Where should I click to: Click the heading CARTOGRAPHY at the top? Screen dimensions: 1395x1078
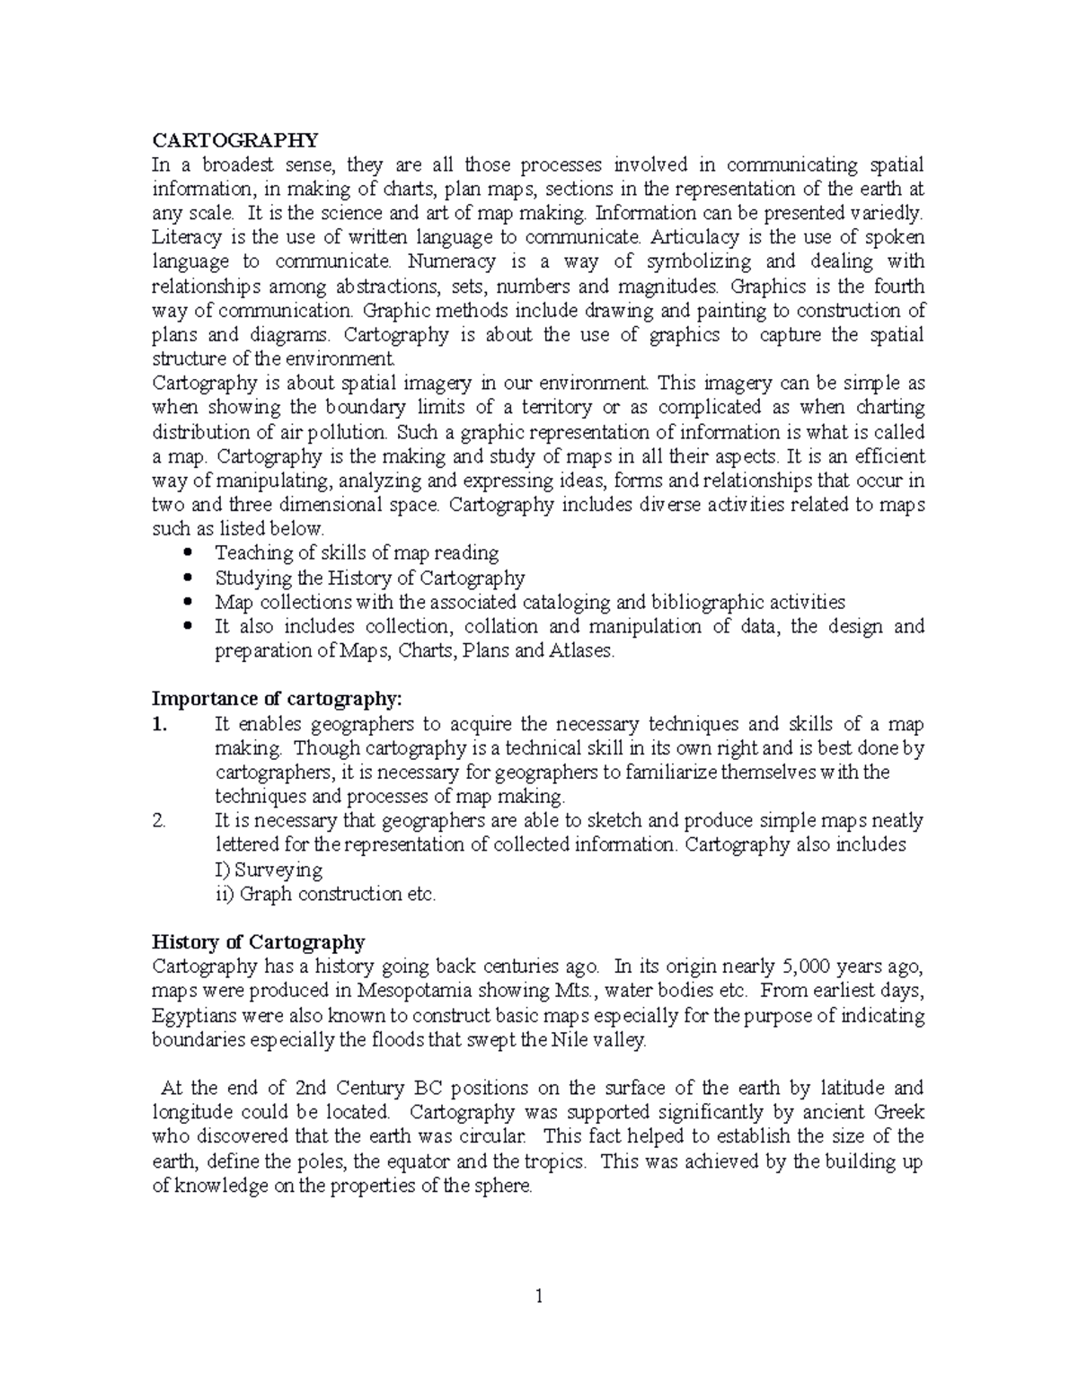[234, 140]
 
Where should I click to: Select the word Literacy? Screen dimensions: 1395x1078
[182, 237]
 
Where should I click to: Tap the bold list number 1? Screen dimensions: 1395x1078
[159, 724]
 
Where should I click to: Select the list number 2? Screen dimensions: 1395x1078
[159, 820]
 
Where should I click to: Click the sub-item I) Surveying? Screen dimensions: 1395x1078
[269, 870]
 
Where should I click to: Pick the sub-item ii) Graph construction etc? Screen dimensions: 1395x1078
[325, 894]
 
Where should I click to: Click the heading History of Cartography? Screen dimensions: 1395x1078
[259, 942]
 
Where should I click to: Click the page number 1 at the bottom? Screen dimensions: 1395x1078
[539, 1296]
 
